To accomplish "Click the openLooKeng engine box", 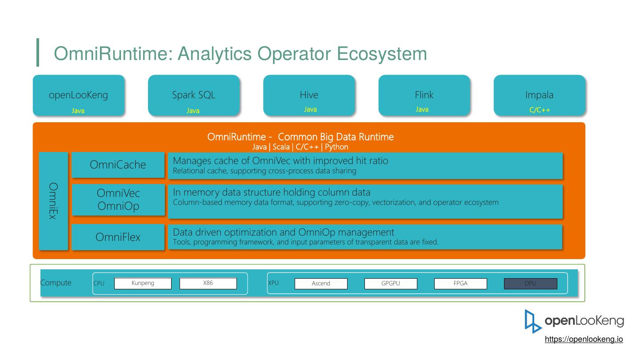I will [x=78, y=95].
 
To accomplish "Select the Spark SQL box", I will [x=193, y=95].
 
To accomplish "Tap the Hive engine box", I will [x=309, y=95].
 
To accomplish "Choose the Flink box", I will [x=424, y=95].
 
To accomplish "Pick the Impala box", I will [x=539, y=95].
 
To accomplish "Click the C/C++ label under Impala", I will [x=539, y=110].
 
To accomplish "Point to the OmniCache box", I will [x=118, y=165].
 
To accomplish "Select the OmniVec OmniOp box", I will [x=118, y=200].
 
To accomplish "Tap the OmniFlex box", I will [x=118, y=237].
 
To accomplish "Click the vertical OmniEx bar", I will [x=53, y=201].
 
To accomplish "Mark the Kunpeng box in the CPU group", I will [x=143, y=283].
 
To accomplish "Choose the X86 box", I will [x=208, y=283].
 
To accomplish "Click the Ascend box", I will [x=321, y=284].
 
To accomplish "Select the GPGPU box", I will [x=391, y=284].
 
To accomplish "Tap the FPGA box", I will [x=460, y=284].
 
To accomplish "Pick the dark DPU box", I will [x=530, y=284].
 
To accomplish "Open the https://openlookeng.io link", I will [x=584, y=339].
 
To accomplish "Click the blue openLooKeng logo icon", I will [x=533, y=321].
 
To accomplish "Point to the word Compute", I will [x=56, y=283].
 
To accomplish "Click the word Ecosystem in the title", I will [x=382, y=54].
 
